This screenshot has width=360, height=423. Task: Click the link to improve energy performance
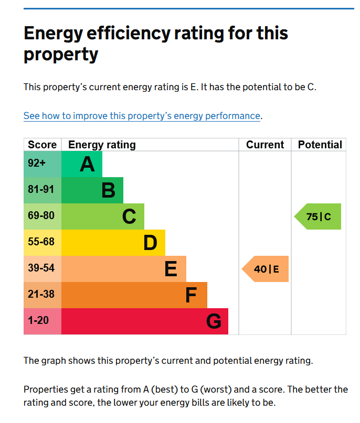pyautogui.click(x=142, y=116)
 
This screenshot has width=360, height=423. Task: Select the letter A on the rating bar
pyautogui.click(x=87, y=165)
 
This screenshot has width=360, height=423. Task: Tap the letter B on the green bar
pyautogui.click(x=108, y=190)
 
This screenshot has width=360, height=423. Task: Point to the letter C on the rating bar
pyautogui.click(x=129, y=216)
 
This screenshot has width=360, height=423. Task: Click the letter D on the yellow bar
pyautogui.click(x=150, y=243)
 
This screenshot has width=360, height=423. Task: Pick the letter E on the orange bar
pyautogui.click(x=171, y=269)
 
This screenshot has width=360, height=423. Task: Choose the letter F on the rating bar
pyautogui.click(x=191, y=296)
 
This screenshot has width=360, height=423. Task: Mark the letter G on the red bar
pyautogui.click(x=214, y=321)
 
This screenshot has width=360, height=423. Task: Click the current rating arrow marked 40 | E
pyautogui.click(x=266, y=269)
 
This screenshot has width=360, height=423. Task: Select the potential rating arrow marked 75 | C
pyautogui.click(x=319, y=216)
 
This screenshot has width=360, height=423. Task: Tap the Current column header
pyautogui.click(x=265, y=145)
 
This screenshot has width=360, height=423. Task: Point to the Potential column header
pyautogui.click(x=320, y=145)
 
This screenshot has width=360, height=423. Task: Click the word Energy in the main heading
pyautogui.click(x=55, y=34)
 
